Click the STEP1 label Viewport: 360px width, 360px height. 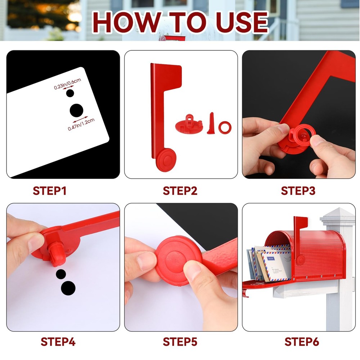pos(50,191)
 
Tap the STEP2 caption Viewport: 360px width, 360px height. pos(180,191)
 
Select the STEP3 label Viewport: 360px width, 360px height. pos(298,191)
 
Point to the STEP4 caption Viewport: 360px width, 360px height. pos(58,341)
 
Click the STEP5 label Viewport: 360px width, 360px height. pos(180,341)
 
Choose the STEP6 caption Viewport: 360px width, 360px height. pos(302,341)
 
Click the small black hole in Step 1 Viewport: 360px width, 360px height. pos(70,93)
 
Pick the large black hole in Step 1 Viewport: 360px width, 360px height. pos(76,110)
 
